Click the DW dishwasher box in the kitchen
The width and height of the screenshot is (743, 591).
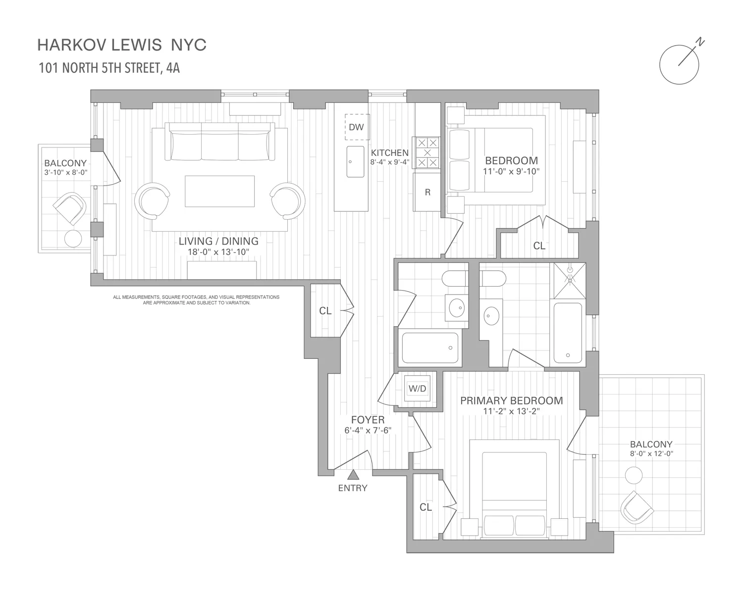pos(356,127)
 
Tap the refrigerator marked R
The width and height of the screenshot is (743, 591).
pos(427,193)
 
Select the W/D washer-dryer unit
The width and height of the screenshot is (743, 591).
pos(417,389)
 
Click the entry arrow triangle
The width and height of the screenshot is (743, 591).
pos(353,475)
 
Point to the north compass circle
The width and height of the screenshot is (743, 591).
pos(679,65)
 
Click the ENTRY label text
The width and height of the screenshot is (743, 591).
pos(353,488)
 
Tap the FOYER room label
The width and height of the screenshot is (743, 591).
pos(368,420)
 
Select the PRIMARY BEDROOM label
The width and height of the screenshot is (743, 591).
pos(511,400)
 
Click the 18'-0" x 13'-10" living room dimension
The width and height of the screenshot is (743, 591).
pos(218,252)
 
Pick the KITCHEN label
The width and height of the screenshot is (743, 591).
pos(390,153)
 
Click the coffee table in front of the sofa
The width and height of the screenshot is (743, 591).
pos(220,191)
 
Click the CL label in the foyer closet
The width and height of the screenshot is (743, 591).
pos(325,311)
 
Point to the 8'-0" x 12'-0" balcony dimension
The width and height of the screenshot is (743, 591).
pos(651,453)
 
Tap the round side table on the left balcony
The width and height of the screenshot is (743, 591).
pos(73,239)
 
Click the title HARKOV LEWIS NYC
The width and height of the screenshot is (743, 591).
pos(122,45)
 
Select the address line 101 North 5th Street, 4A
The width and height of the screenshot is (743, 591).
pos(109,68)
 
